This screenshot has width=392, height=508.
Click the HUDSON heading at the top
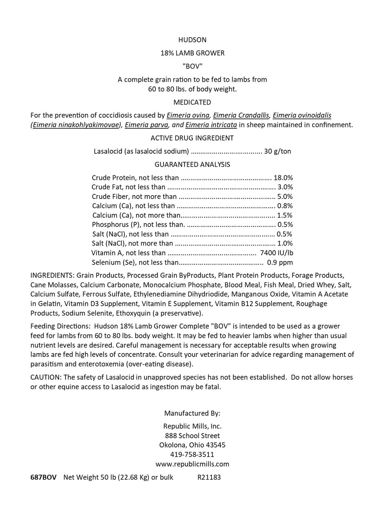click(x=192, y=40)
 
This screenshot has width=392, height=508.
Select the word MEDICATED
click(x=192, y=102)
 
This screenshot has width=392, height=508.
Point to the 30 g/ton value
click(x=277, y=151)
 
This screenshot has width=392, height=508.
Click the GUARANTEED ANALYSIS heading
click(x=192, y=164)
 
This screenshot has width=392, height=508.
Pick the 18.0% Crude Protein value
click(x=283, y=178)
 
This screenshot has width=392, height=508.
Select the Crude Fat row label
click(x=129, y=187)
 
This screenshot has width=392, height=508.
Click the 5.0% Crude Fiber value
click(x=285, y=196)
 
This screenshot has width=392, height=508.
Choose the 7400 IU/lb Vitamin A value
click(x=277, y=253)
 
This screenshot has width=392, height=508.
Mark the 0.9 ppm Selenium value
click(x=280, y=262)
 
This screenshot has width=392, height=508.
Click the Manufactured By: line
click(x=192, y=413)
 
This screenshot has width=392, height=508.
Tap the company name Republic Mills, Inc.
click(x=192, y=426)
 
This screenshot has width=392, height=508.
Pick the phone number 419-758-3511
click(x=192, y=454)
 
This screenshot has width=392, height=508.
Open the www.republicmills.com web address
click(x=192, y=464)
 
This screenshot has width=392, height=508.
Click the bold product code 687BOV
click(x=43, y=478)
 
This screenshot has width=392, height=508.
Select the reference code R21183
click(x=209, y=478)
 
